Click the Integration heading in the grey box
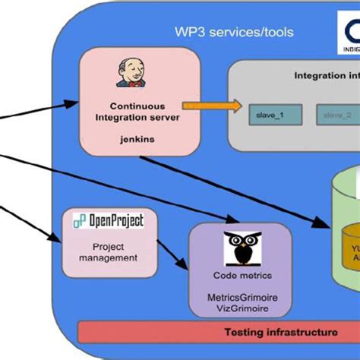(x=327, y=75)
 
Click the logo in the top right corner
(x=345, y=34)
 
